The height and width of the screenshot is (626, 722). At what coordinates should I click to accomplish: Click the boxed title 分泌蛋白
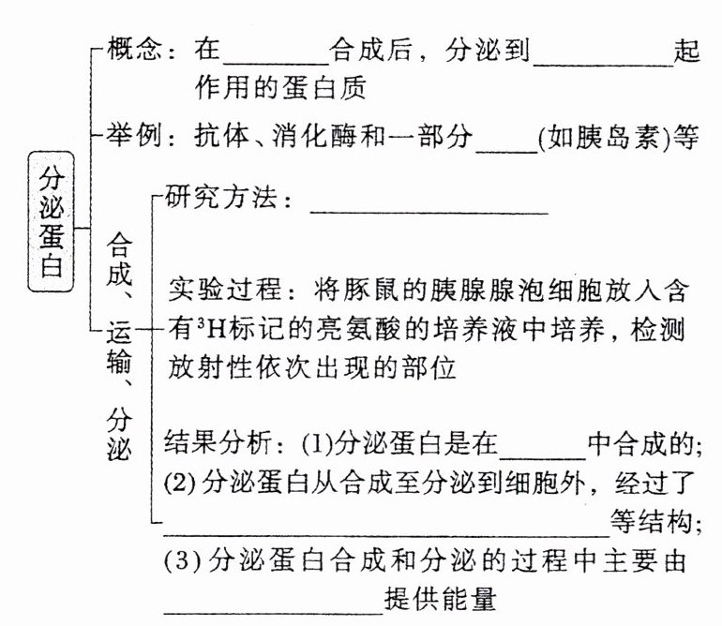51,221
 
